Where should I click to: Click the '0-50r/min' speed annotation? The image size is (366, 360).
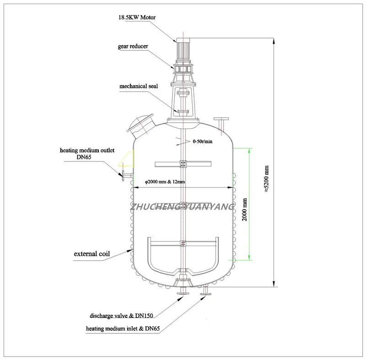[203, 142]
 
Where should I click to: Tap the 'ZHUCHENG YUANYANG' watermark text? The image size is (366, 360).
[183, 207]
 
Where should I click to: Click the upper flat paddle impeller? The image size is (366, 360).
[183, 163]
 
